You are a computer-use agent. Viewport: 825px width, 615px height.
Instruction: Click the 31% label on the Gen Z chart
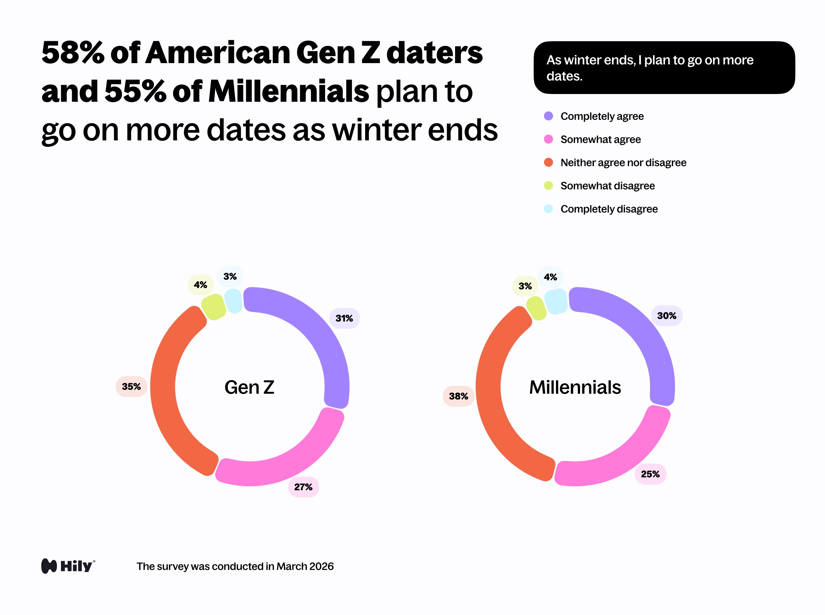point(344,318)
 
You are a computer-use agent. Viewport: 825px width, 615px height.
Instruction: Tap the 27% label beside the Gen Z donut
point(303,487)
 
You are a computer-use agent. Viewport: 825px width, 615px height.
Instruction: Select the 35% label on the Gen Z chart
point(131,386)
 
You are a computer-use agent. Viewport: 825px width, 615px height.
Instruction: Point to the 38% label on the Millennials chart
point(458,396)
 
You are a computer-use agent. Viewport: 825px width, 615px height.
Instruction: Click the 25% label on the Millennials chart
point(650,474)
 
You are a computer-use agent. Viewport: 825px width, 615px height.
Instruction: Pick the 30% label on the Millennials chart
point(667,316)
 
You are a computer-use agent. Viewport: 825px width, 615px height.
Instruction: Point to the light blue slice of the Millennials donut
point(556,301)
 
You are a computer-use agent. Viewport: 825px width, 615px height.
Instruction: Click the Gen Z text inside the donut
point(249,387)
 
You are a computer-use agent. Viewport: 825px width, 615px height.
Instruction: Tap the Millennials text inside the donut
point(575,387)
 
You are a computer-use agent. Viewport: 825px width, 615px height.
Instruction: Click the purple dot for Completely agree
point(548,116)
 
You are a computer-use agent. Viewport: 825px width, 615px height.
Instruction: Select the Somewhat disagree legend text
point(607,186)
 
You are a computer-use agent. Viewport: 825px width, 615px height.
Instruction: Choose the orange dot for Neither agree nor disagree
point(548,162)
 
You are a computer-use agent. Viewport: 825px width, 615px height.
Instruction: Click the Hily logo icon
point(49,566)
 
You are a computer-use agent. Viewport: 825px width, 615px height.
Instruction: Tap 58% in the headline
point(73,53)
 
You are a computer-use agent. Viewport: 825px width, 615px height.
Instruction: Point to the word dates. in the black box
point(564,76)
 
